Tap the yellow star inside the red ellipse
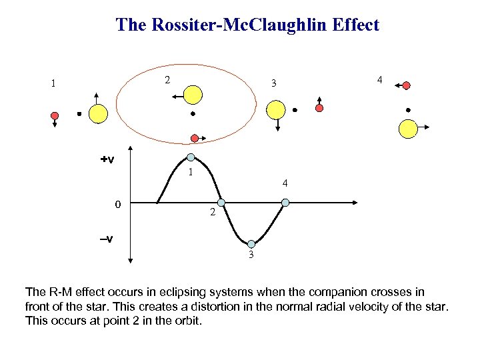tap(193, 95)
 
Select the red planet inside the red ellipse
tap(194, 138)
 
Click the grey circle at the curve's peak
tap(191, 157)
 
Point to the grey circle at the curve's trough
tap(252, 245)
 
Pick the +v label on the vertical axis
tap(107, 160)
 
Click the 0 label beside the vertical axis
tap(117, 204)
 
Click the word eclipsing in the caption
tap(193, 292)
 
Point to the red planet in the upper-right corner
tap(407, 85)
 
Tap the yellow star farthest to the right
tap(407, 128)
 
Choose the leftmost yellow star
tap(98, 114)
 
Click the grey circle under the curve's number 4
tap(285, 203)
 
